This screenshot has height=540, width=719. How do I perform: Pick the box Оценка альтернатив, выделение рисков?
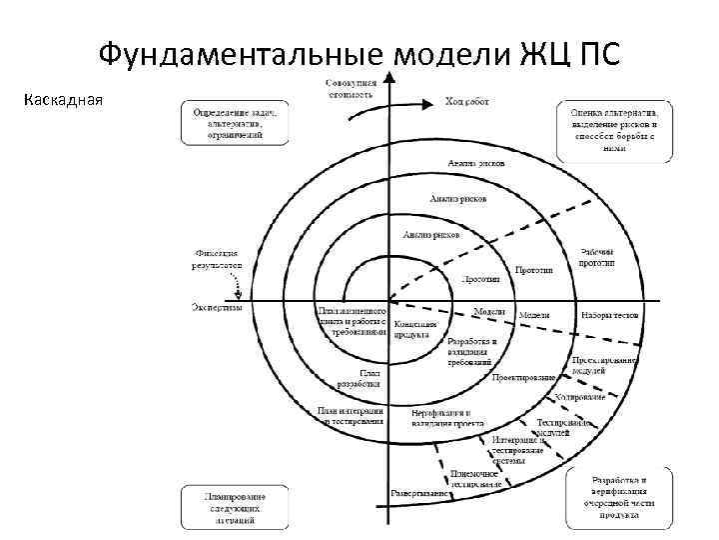coord(614,129)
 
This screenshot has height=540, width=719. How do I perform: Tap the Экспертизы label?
coord(217,308)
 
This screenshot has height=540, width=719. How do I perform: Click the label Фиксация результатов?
coord(218,258)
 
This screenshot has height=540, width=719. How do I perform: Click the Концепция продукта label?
coord(413,330)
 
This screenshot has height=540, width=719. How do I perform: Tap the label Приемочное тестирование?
coord(474,478)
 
